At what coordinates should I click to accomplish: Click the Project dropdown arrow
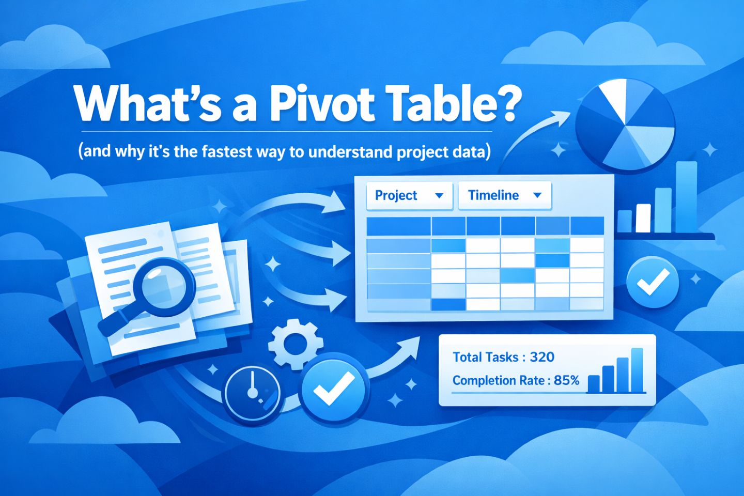pyautogui.click(x=439, y=196)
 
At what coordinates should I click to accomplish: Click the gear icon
pyautogui.click(x=296, y=344)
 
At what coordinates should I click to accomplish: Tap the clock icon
pyautogui.click(x=253, y=392)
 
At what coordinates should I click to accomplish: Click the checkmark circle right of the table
pyautogui.click(x=652, y=282)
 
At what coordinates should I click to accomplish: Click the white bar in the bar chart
pyautogui.click(x=643, y=218)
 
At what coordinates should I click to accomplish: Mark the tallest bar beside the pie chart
pyautogui.click(x=686, y=197)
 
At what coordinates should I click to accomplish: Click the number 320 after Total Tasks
pyautogui.click(x=542, y=357)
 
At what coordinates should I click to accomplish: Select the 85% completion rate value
pyautogui.click(x=566, y=381)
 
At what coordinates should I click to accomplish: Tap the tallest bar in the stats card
pyautogui.click(x=637, y=369)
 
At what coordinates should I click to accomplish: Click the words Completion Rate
pyautogui.click(x=498, y=381)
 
